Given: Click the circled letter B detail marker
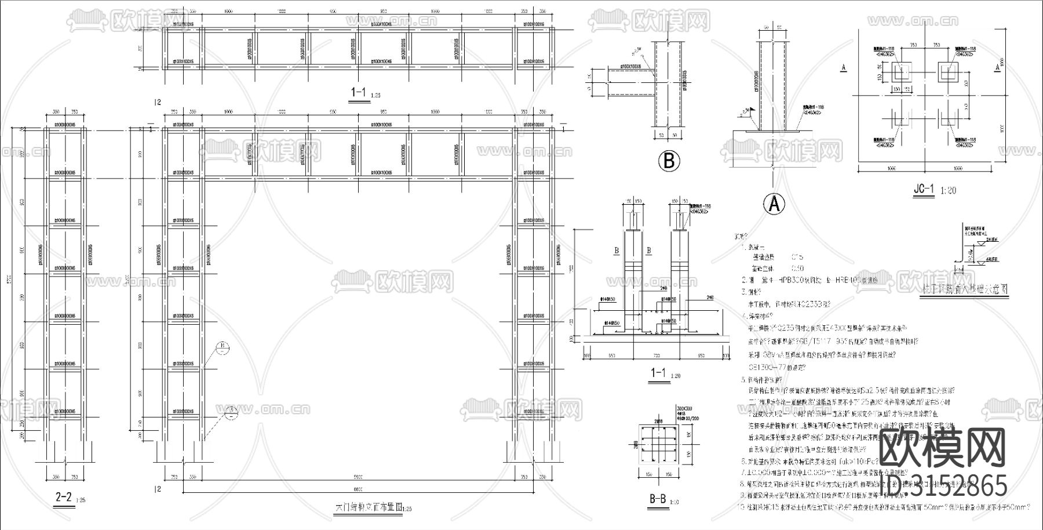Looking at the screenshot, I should pyautogui.click(x=669, y=161).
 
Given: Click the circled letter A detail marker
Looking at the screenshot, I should pyautogui.click(x=775, y=204).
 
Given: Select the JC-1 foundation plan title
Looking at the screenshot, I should pyautogui.click(x=924, y=190).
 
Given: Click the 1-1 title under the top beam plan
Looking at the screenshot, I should pyautogui.click(x=359, y=93).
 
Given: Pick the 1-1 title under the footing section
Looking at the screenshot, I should pyautogui.click(x=658, y=373).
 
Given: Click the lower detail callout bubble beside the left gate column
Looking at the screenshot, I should pyautogui.click(x=230, y=412).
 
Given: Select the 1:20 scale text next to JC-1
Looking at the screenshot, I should pyautogui.click(x=949, y=190).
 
